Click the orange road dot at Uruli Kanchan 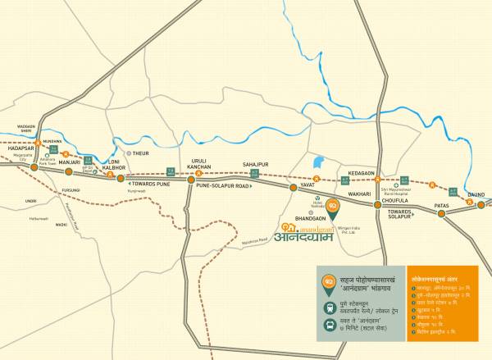click(x=190, y=180)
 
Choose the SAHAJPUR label click(x=256, y=165)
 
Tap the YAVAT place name click(x=308, y=186)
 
